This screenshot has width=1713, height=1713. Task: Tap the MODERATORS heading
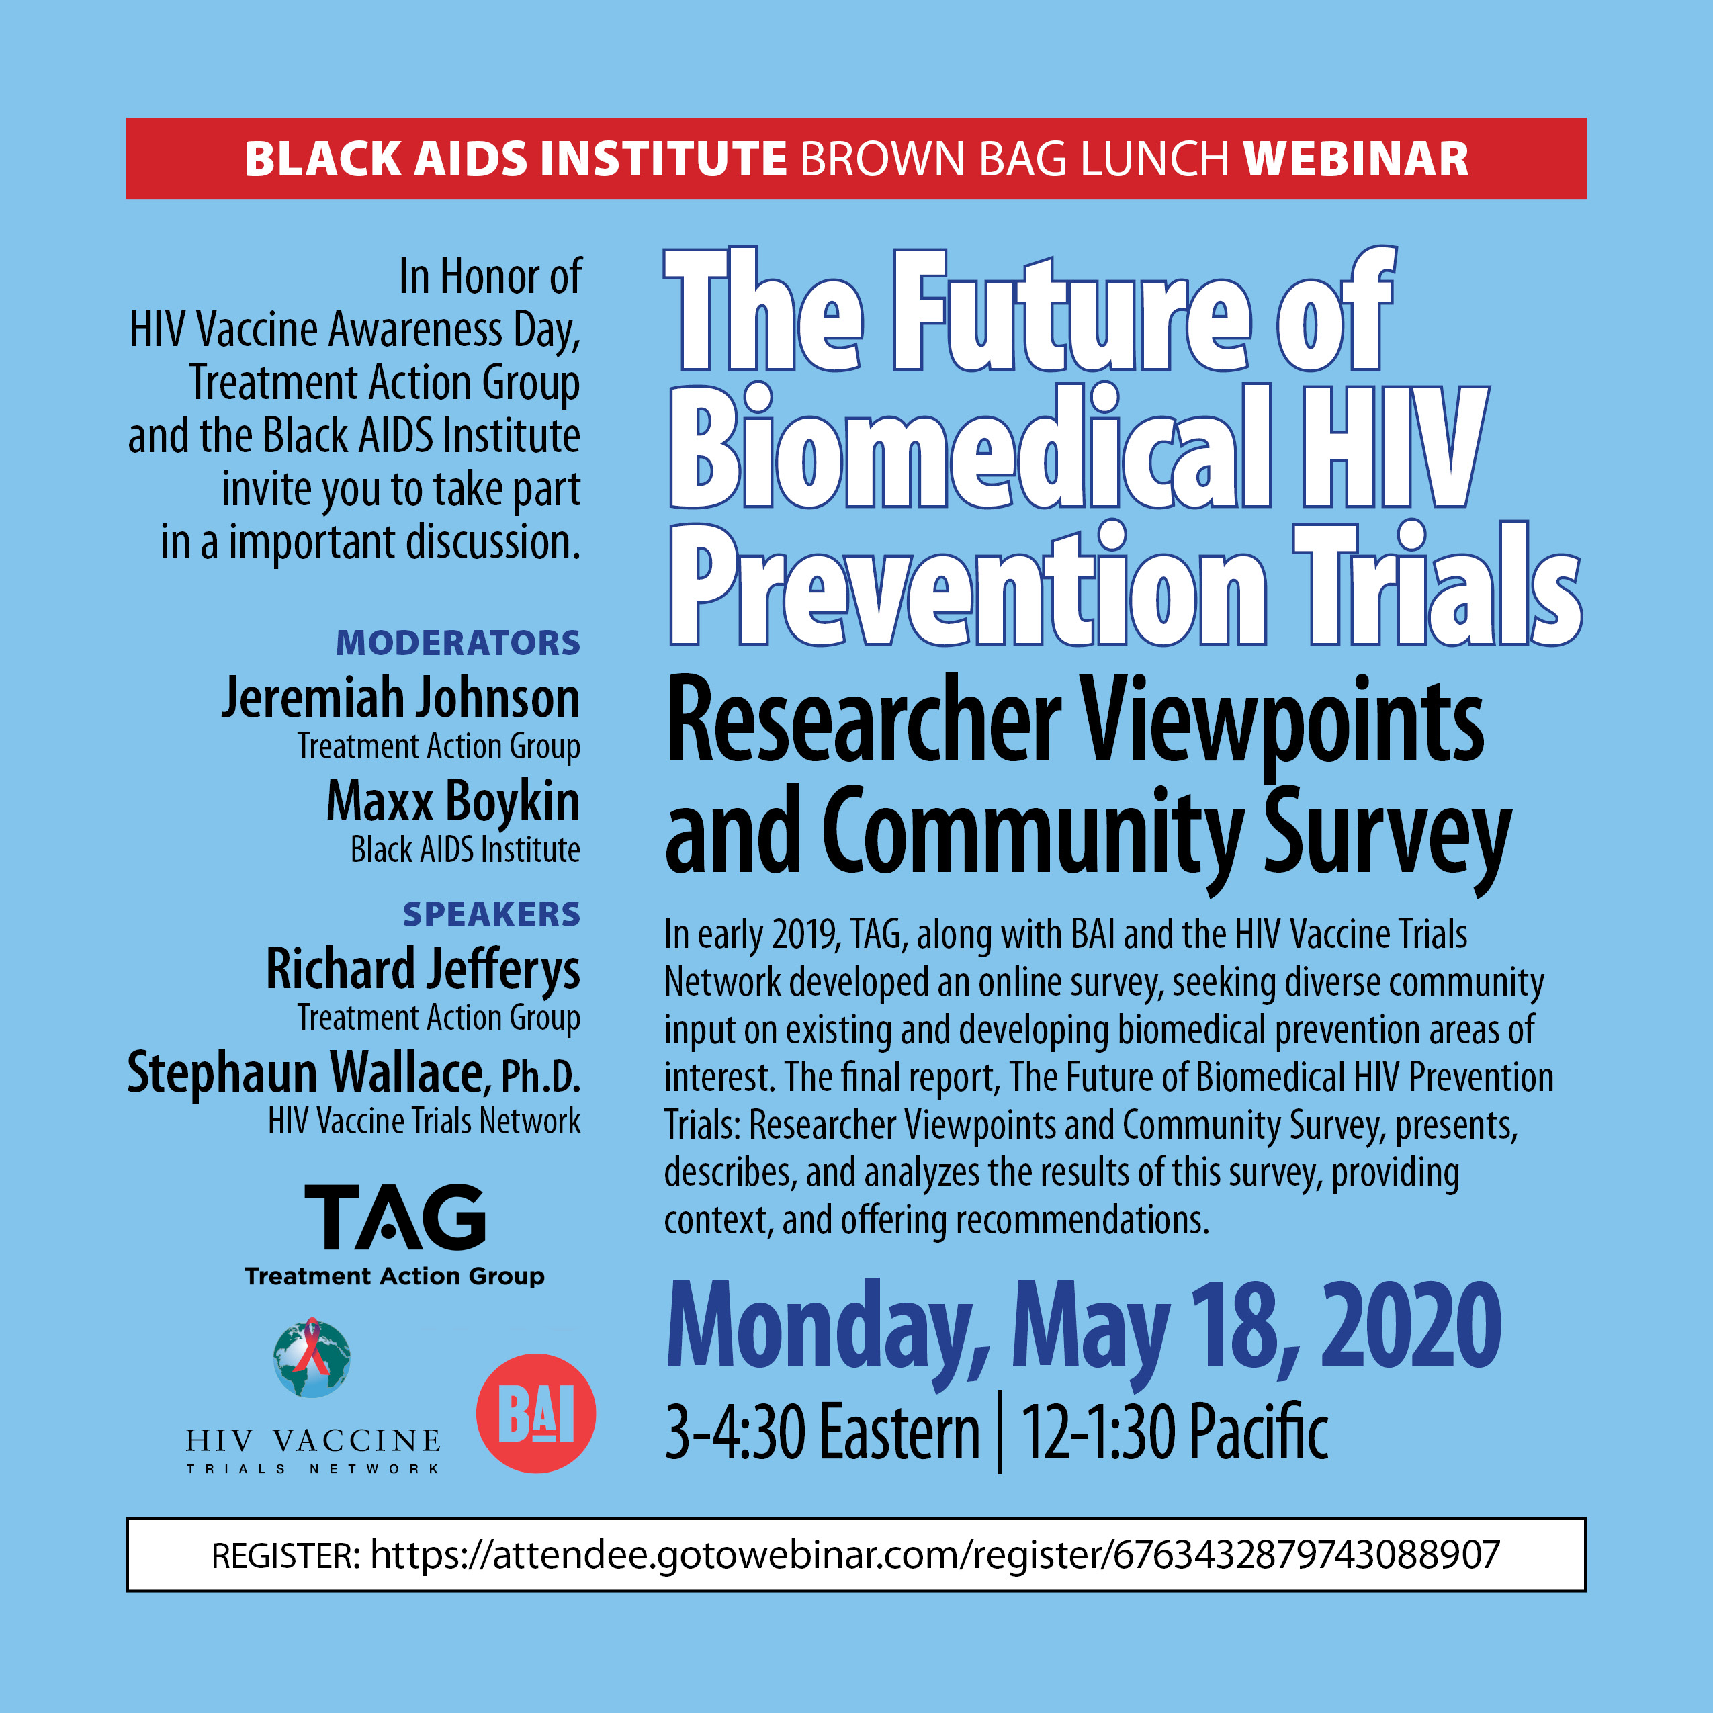coord(457,643)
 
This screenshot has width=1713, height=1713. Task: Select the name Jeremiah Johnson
coord(401,699)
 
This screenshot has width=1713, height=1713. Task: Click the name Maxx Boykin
coord(453,801)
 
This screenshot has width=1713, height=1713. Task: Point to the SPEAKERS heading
coord(491,914)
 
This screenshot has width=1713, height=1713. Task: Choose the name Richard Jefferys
coord(423,969)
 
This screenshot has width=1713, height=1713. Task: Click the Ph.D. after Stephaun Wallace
coord(541,1075)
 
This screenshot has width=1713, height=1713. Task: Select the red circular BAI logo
coord(535,1413)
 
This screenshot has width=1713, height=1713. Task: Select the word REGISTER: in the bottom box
coord(285,1555)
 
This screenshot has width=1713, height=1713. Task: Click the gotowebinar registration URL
coord(934,1555)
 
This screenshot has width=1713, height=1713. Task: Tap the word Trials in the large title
coord(1436,584)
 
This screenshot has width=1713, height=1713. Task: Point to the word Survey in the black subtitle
coord(1388,834)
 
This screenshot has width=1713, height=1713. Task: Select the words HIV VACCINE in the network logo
coord(313,1441)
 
